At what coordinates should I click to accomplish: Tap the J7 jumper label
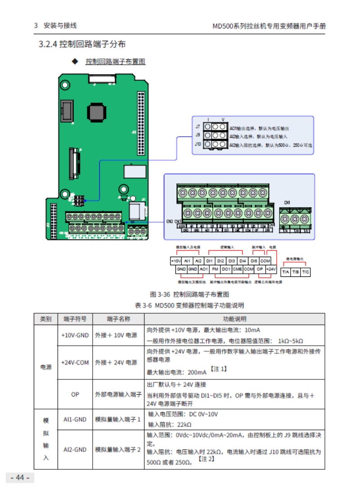tap(198, 127)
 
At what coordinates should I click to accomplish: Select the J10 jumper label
tap(198, 144)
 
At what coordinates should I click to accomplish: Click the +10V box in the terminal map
tap(175, 261)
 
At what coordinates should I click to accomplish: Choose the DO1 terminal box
tap(226, 269)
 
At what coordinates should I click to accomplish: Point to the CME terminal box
tap(237, 269)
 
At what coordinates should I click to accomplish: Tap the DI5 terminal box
tap(254, 261)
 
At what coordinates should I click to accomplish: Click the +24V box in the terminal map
tap(270, 269)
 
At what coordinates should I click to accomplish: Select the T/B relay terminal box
tap(295, 272)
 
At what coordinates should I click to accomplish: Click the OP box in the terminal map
tap(260, 269)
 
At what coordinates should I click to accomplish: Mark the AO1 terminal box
tap(203, 269)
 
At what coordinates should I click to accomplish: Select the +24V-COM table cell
tap(75, 362)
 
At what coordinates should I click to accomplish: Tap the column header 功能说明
tap(234, 319)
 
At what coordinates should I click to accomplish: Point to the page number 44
tap(20, 477)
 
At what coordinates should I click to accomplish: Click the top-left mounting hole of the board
tap(65, 85)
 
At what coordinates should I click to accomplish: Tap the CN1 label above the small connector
tap(287, 202)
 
